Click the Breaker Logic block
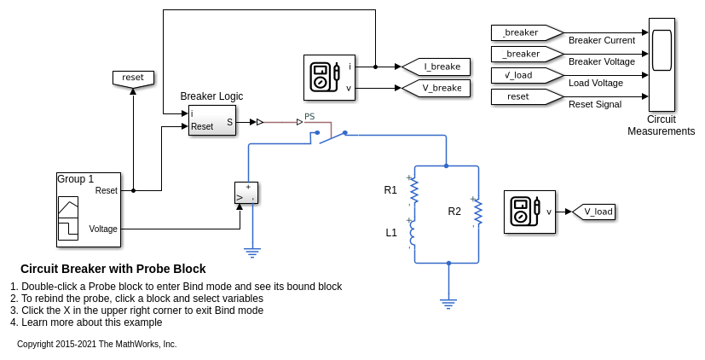click(x=212, y=120)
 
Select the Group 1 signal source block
click(x=89, y=210)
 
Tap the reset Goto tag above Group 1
click(x=133, y=78)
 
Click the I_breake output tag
click(x=436, y=67)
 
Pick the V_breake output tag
click(x=436, y=88)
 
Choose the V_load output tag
click(x=594, y=212)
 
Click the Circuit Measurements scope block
click(x=662, y=64)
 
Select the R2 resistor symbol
click(x=477, y=212)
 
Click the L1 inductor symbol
click(x=413, y=232)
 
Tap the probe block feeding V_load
click(x=529, y=212)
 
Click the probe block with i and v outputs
click(x=329, y=77)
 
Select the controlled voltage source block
click(x=246, y=193)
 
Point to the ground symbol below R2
click(x=448, y=302)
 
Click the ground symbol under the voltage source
click(x=251, y=251)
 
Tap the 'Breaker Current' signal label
click(x=601, y=40)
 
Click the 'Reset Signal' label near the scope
click(x=594, y=104)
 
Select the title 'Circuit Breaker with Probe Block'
click(x=113, y=269)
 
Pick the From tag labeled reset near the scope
click(x=522, y=96)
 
